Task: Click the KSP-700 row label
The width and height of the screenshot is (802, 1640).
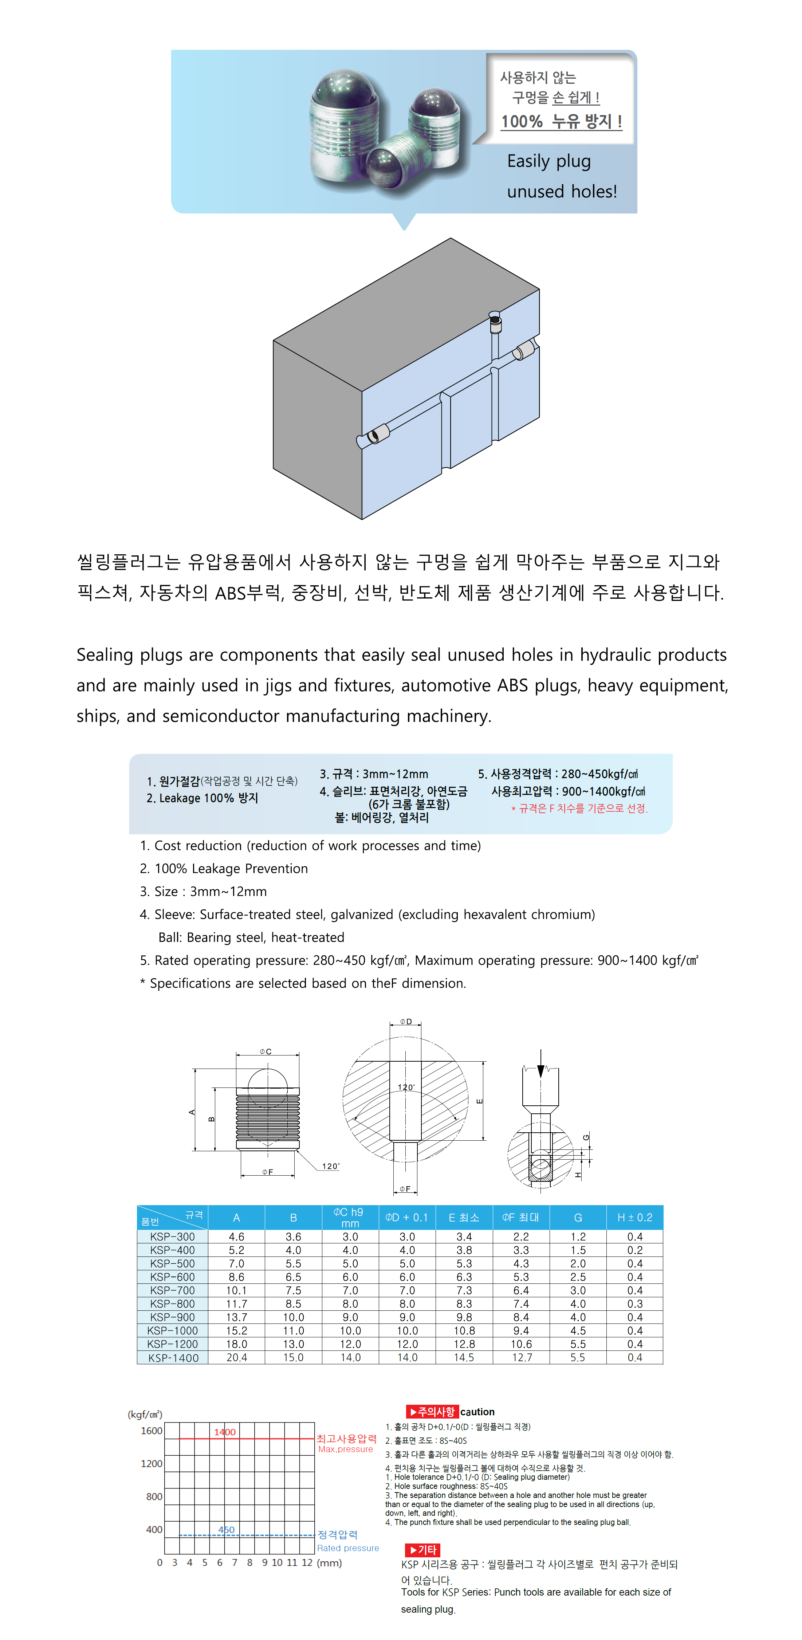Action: pos(173,1290)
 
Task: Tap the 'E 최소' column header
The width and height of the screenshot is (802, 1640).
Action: pos(464,1217)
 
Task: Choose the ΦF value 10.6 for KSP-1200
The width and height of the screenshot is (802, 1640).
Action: pos(521,1344)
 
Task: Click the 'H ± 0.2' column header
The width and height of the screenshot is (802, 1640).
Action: pos(634,1217)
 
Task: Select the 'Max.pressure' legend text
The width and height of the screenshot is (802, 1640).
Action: pos(346,1449)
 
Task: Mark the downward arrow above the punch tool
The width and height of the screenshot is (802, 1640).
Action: pos(540,1063)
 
